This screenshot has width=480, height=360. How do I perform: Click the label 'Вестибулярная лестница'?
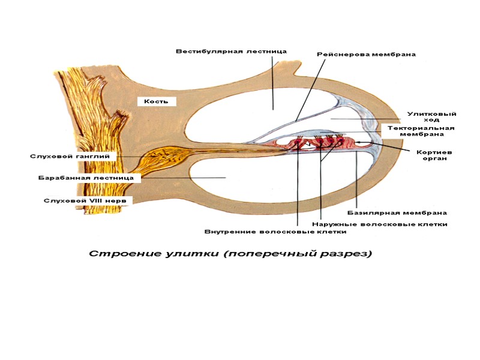coord(231,52)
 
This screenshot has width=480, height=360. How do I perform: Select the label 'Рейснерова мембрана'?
coord(366,55)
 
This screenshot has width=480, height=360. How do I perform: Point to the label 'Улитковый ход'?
coord(431,116)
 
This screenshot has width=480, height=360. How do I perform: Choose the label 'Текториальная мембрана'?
coord(421,131)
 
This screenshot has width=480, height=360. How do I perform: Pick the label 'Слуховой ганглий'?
coord(74,156)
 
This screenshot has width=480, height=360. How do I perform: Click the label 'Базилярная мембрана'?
coord(397,212)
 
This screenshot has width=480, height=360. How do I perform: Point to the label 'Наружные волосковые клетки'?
coord(380,224)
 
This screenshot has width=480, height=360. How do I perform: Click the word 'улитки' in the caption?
coord(190,254)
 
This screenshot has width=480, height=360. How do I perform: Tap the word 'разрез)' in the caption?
coord(349,254)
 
